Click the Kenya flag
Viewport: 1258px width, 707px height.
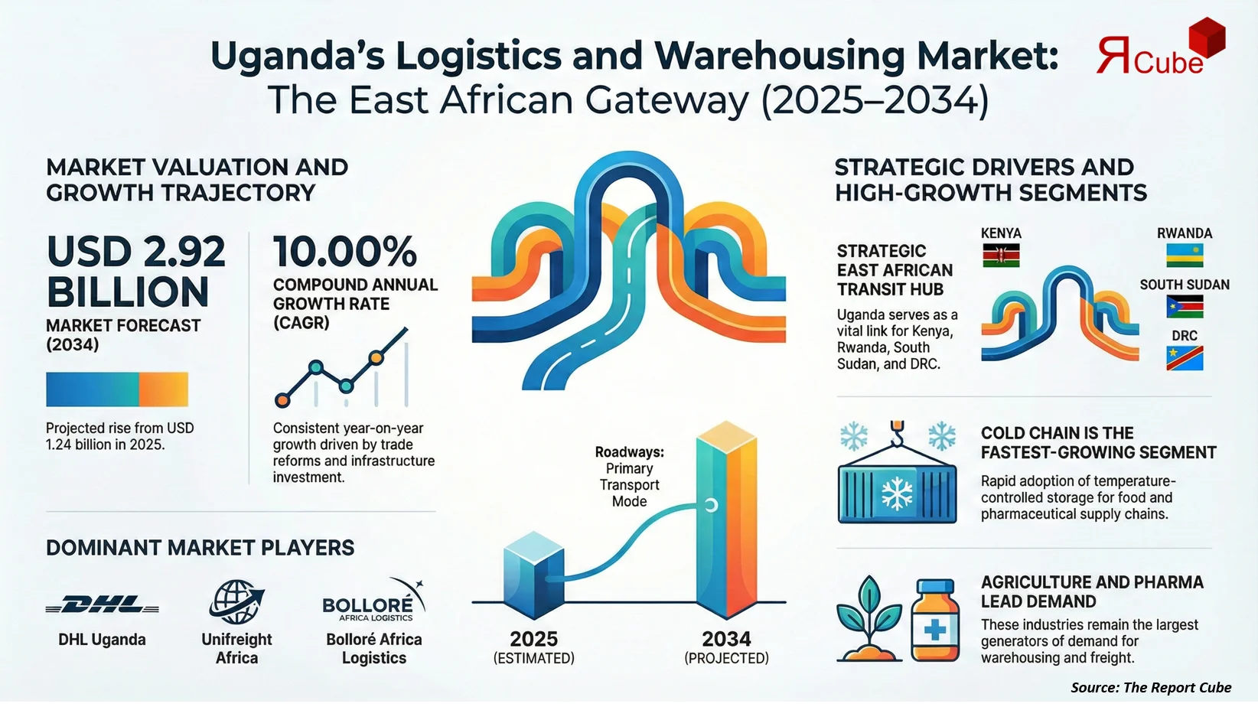(x=1001, y=255)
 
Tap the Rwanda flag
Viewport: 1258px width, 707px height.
(x=1184, y=255)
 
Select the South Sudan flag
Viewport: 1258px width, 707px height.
(x=1184, y=307)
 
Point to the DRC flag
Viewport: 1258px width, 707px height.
(x=1184, y=358)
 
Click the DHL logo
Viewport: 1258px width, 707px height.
(x=103, y=605)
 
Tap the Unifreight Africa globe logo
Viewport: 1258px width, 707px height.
(x=236, y=601)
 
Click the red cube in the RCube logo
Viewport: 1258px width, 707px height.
(x=1206, y=38)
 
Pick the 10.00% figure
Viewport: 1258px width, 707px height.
(x=345, y=252)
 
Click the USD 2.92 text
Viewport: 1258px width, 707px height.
(x=136, y=252)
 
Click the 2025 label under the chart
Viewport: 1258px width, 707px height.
(x=533, y=639)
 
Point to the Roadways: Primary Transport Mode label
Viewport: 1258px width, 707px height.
(x=629, y=477)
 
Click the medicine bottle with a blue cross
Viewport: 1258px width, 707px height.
(x=935, y=621)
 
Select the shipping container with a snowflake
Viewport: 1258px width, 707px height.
(x=897, y=494)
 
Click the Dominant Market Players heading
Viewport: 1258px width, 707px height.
(x=200, y=548)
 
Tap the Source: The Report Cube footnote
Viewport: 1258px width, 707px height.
(x=1150, y=687)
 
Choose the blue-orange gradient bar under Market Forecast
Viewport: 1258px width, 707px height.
(x=116, y=389)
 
